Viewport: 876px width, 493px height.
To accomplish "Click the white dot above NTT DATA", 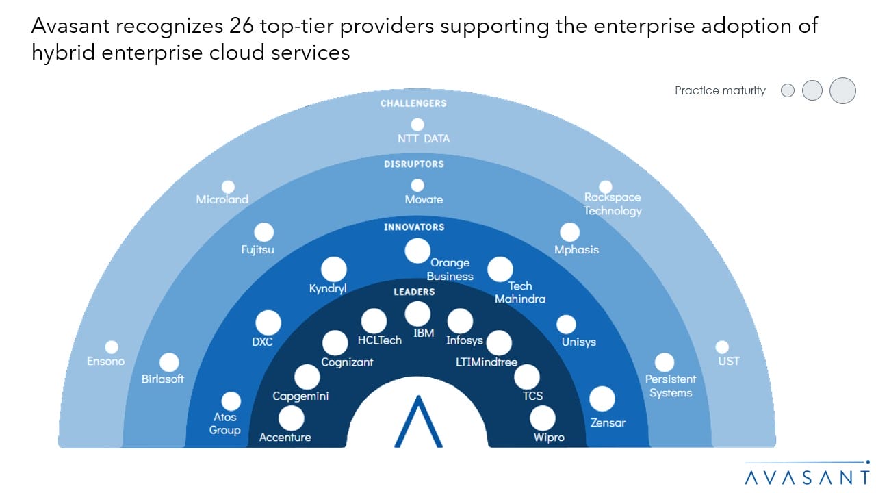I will (x=417, y=125).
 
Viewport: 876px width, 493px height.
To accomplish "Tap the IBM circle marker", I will (x=417, y=314).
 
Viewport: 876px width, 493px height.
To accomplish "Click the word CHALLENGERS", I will (x=413, y=103).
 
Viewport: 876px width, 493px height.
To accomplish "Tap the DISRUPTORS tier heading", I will (x=413, y=164).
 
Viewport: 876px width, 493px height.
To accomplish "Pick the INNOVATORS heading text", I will (x=413, y=227).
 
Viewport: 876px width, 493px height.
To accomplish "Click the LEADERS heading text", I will (x=413, y=292).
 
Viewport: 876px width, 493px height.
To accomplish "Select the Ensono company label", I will (x=106, y=362).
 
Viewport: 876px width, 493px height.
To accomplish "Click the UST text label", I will (x=729, y=361).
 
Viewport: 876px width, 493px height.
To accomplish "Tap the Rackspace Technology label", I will (x=613, y=204).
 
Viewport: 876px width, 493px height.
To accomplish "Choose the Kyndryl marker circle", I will (x=334, y=270).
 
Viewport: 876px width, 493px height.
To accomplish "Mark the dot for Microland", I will (x=229, y=187).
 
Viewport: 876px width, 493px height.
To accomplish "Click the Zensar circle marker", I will (x=602, y=399).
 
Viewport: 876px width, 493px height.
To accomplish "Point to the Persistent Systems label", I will (x=671, y=386).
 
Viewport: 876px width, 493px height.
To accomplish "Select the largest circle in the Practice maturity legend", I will (x=843, y=90).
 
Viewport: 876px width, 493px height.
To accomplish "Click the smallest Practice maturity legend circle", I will (x=788, y=90).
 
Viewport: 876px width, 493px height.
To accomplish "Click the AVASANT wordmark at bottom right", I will (x=808, y=477).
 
